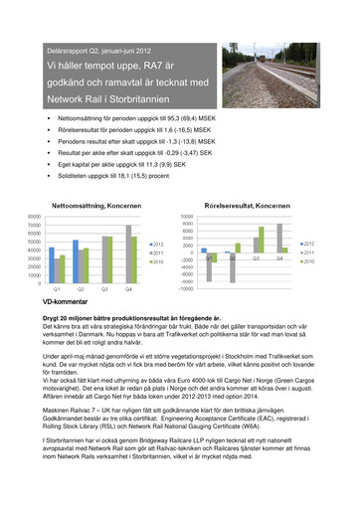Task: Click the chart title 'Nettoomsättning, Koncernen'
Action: pyautogui.click(x=93, y=204)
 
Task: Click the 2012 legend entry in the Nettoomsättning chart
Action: pyautogui.click(x=159, y=244)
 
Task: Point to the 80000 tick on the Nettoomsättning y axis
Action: pyautogui.click(x=33, y=216)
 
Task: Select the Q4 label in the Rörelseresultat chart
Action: pyautogui.click(x=279, y=257)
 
